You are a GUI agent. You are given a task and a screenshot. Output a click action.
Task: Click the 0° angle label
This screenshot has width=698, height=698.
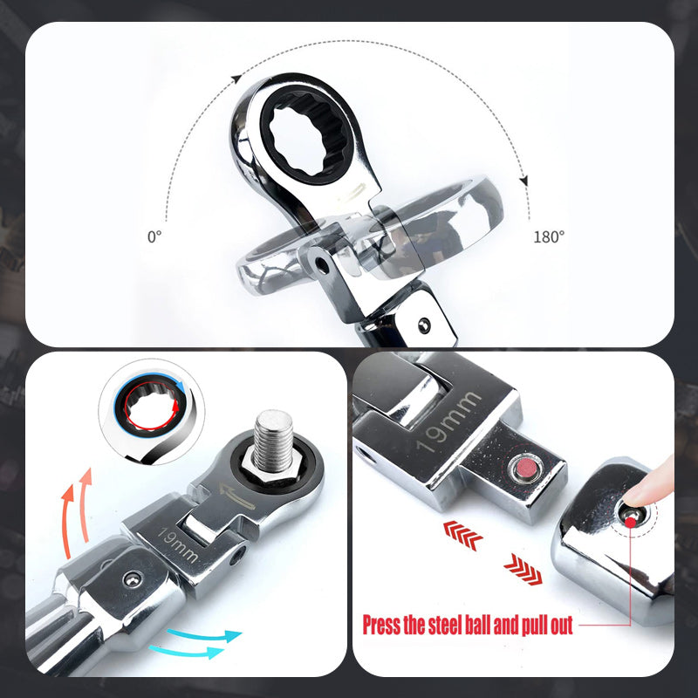click(x=155, y=236)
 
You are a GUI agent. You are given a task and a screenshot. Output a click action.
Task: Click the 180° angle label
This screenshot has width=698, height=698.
click(x=548, y=236)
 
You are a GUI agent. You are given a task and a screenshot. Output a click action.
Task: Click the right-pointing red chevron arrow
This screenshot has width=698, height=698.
click(x=523, y=572)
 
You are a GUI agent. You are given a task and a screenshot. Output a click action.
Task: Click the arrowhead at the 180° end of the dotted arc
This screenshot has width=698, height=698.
click(x=524, y=181)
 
